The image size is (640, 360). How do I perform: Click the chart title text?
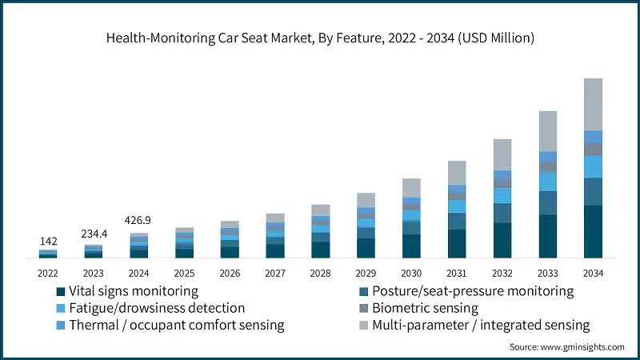[320, 38]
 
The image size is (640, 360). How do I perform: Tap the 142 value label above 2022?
[48, 240]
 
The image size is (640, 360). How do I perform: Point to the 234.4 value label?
[94, 234]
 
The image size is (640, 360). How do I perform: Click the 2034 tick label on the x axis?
[593, 274]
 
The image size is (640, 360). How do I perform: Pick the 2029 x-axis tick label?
[366, 274]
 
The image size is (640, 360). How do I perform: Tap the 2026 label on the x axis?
[230, 274]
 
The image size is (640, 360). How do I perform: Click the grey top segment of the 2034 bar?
[593, 104]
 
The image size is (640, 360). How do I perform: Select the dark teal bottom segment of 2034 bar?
[593, 232]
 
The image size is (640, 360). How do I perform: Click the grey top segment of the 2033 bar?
[547, 131]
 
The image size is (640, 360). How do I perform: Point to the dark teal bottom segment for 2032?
[502, 241]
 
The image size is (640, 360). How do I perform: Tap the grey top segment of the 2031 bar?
[457, 173]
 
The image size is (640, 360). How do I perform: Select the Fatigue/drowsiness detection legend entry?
[156, 308]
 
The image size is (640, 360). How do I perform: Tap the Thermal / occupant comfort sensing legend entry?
[176, 325]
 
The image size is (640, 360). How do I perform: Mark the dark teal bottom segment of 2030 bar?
[411, 246]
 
